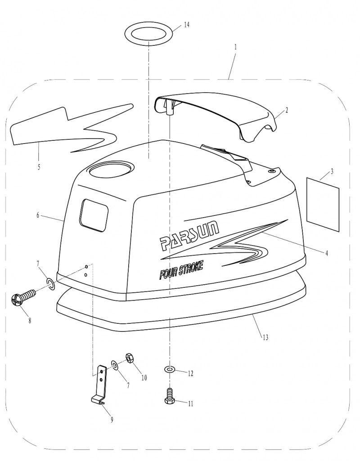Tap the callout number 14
[x=186, y=25]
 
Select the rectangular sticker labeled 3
[x=323, y=204]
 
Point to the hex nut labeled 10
[x=129, y=357]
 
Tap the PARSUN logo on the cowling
[x=189, y=234]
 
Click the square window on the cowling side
[x=94, y=215]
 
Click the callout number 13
[x=265, y=337]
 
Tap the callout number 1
[x=235, y=47]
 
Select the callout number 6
[x=38, y=215]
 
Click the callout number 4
[x=326, y=253]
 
